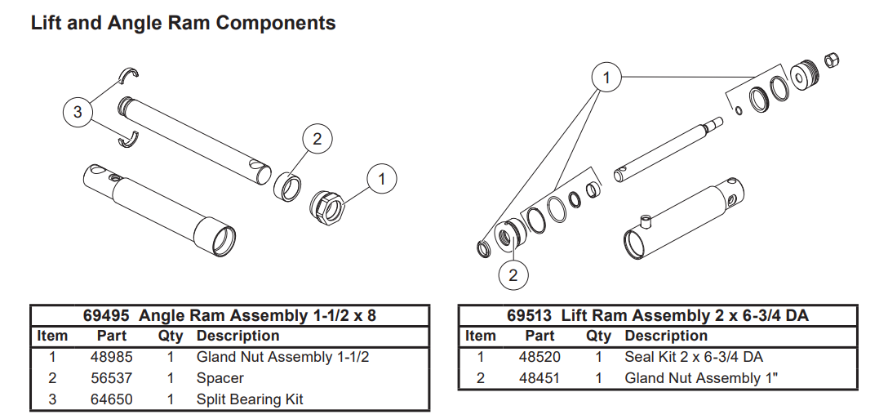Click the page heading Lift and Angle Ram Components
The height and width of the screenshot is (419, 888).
point(183,23)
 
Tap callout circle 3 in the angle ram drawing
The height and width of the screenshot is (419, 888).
point(78,112)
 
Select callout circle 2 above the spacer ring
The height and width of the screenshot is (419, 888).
point(317,138)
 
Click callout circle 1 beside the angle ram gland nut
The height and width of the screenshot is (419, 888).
point(382,179)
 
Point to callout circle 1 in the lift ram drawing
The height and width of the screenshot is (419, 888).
point(606,77)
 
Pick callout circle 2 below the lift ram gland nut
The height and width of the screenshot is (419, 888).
point(513,275)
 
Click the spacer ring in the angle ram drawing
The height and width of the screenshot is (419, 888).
point(287,186)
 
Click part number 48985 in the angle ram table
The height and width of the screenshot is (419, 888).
point(112,357)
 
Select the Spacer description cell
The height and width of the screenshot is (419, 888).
point(220,378)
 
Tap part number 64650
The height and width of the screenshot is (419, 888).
point(112,399)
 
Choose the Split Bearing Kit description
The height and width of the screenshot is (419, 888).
point(250,399)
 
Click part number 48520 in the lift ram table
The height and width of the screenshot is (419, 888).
point(539,357)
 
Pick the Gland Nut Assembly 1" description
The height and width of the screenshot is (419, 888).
point(702,378)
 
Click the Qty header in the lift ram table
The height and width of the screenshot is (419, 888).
point(598,337)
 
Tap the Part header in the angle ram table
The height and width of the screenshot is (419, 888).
point(112,337)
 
